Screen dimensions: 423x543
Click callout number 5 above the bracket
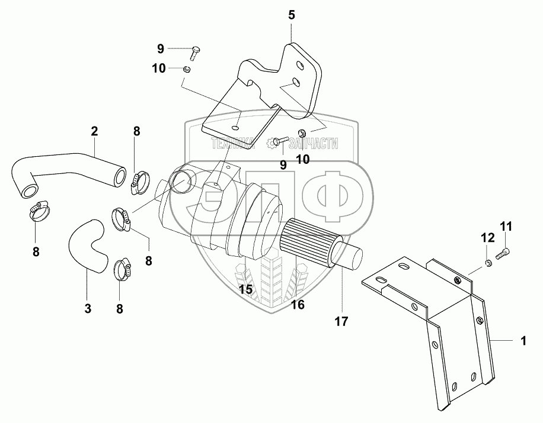[291, 15]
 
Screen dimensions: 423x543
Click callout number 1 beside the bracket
[523, 341]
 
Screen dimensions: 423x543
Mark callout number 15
[246, 289]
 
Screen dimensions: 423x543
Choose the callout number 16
[298, 305]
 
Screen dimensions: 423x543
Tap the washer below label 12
[488, 262]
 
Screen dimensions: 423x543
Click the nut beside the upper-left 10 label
[186, 70]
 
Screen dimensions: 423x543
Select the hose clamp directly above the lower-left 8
[39, 210]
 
